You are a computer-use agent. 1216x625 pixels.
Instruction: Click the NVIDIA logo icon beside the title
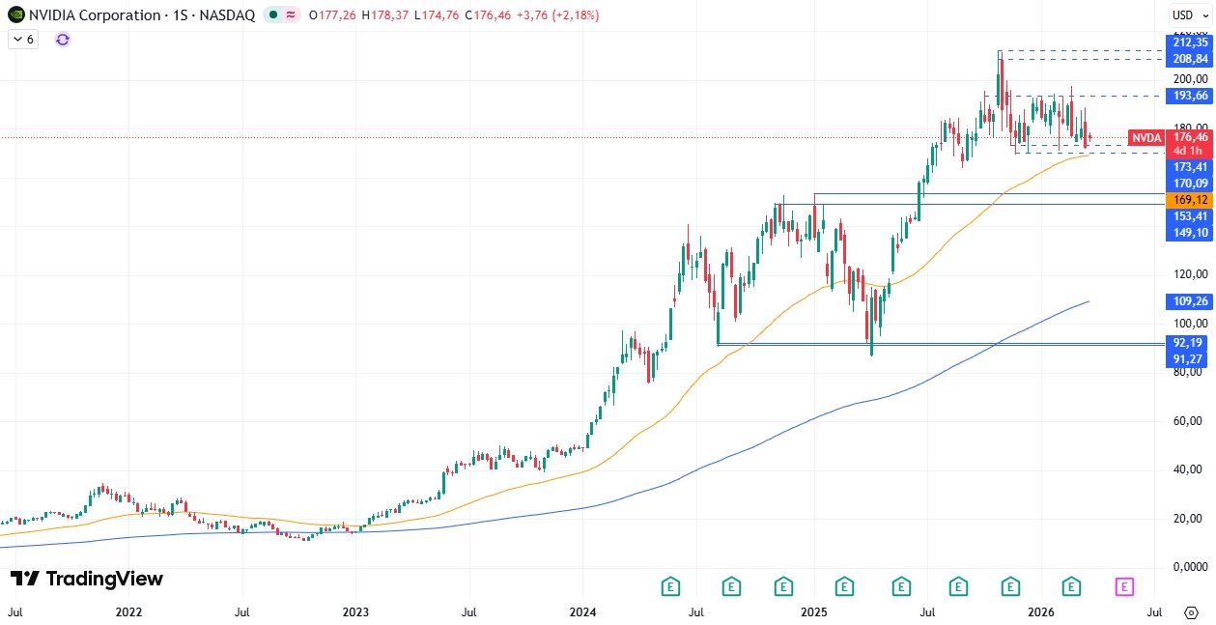point(15,15)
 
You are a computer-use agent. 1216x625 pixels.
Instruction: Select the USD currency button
point(1183,14)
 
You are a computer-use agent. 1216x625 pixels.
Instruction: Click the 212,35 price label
point(1188,43)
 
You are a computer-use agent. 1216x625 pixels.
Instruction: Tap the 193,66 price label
point(1188,96)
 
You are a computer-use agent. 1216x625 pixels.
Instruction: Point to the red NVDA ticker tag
point(1146,138)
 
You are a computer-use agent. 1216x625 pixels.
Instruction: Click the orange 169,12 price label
point(1188,200)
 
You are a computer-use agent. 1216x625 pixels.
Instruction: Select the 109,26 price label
point(1188,301)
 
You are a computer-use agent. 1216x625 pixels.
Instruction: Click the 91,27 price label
point(1188,358)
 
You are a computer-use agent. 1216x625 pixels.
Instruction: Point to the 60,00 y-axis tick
point(1186,421)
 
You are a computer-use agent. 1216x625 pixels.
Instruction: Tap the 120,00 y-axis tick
point(1186,274)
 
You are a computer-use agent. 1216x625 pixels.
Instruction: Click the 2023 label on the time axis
point(355,612)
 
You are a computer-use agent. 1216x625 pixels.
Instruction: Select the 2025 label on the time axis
point(813,612)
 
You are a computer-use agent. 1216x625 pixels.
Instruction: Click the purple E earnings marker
point(1124,585)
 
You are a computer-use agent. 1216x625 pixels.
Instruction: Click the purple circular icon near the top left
point(63,40)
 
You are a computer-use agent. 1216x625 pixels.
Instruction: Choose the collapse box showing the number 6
point(23,40)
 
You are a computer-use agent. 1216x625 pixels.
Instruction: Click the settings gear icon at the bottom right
point(1192,612)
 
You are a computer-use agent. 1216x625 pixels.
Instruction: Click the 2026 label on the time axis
point(1040,612)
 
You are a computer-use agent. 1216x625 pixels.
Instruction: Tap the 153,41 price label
point(1188,216)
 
